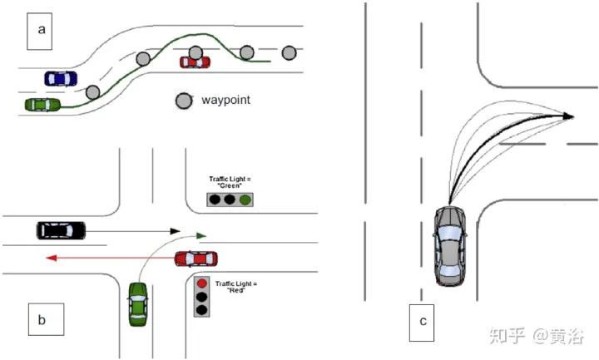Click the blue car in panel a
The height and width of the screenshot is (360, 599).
60,78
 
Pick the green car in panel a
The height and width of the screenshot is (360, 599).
43,105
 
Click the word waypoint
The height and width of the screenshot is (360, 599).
225,100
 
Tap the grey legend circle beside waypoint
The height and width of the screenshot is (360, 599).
183,101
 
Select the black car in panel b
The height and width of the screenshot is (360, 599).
61,229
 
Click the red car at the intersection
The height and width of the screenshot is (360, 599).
196,258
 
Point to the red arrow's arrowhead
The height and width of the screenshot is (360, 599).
51,259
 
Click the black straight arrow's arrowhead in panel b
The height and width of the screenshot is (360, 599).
176,230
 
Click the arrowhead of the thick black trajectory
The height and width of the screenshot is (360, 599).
569,116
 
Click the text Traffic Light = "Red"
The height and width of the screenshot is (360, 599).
236,288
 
